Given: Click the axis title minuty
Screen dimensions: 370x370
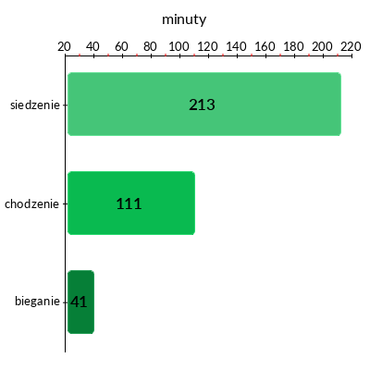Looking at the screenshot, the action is (x=184, y=19).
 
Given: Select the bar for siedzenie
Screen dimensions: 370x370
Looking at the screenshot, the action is (x=204, y=104).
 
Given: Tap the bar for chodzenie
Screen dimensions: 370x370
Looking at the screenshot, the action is (x=131, y=203).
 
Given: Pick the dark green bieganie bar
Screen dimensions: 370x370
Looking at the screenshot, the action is (x=80, y=302).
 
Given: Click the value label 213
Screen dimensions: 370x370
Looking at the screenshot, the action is (x=202, y=105).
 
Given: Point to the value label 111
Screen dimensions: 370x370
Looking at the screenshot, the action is (x=129, y=203).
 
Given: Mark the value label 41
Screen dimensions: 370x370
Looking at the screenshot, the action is (x=79, y=302).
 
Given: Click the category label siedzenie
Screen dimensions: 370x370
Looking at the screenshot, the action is (x=35, y=105).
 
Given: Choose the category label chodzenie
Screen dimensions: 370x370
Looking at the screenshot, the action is (x=31, y=203).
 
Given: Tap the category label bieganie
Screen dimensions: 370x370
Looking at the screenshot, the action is (x=37, y=301).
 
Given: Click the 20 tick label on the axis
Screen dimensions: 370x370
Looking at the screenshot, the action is (x=64, y=46).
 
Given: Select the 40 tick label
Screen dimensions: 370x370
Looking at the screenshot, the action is (x=92, y=46).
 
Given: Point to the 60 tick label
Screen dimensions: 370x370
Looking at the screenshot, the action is (x=121, y=46).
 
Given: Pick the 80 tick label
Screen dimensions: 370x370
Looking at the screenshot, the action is (x=150, y=46).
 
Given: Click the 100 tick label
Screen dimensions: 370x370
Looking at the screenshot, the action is (x=179, y=46).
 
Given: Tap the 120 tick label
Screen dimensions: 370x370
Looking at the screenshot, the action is (x=207, y=46).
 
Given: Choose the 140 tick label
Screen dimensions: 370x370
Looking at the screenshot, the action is (x=236, y=46).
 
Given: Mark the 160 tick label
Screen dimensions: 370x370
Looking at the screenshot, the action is (x=265, y=46).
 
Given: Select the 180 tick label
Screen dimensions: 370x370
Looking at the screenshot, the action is (x=293, y=46).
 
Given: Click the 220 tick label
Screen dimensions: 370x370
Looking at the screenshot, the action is (x=351, y=46).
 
